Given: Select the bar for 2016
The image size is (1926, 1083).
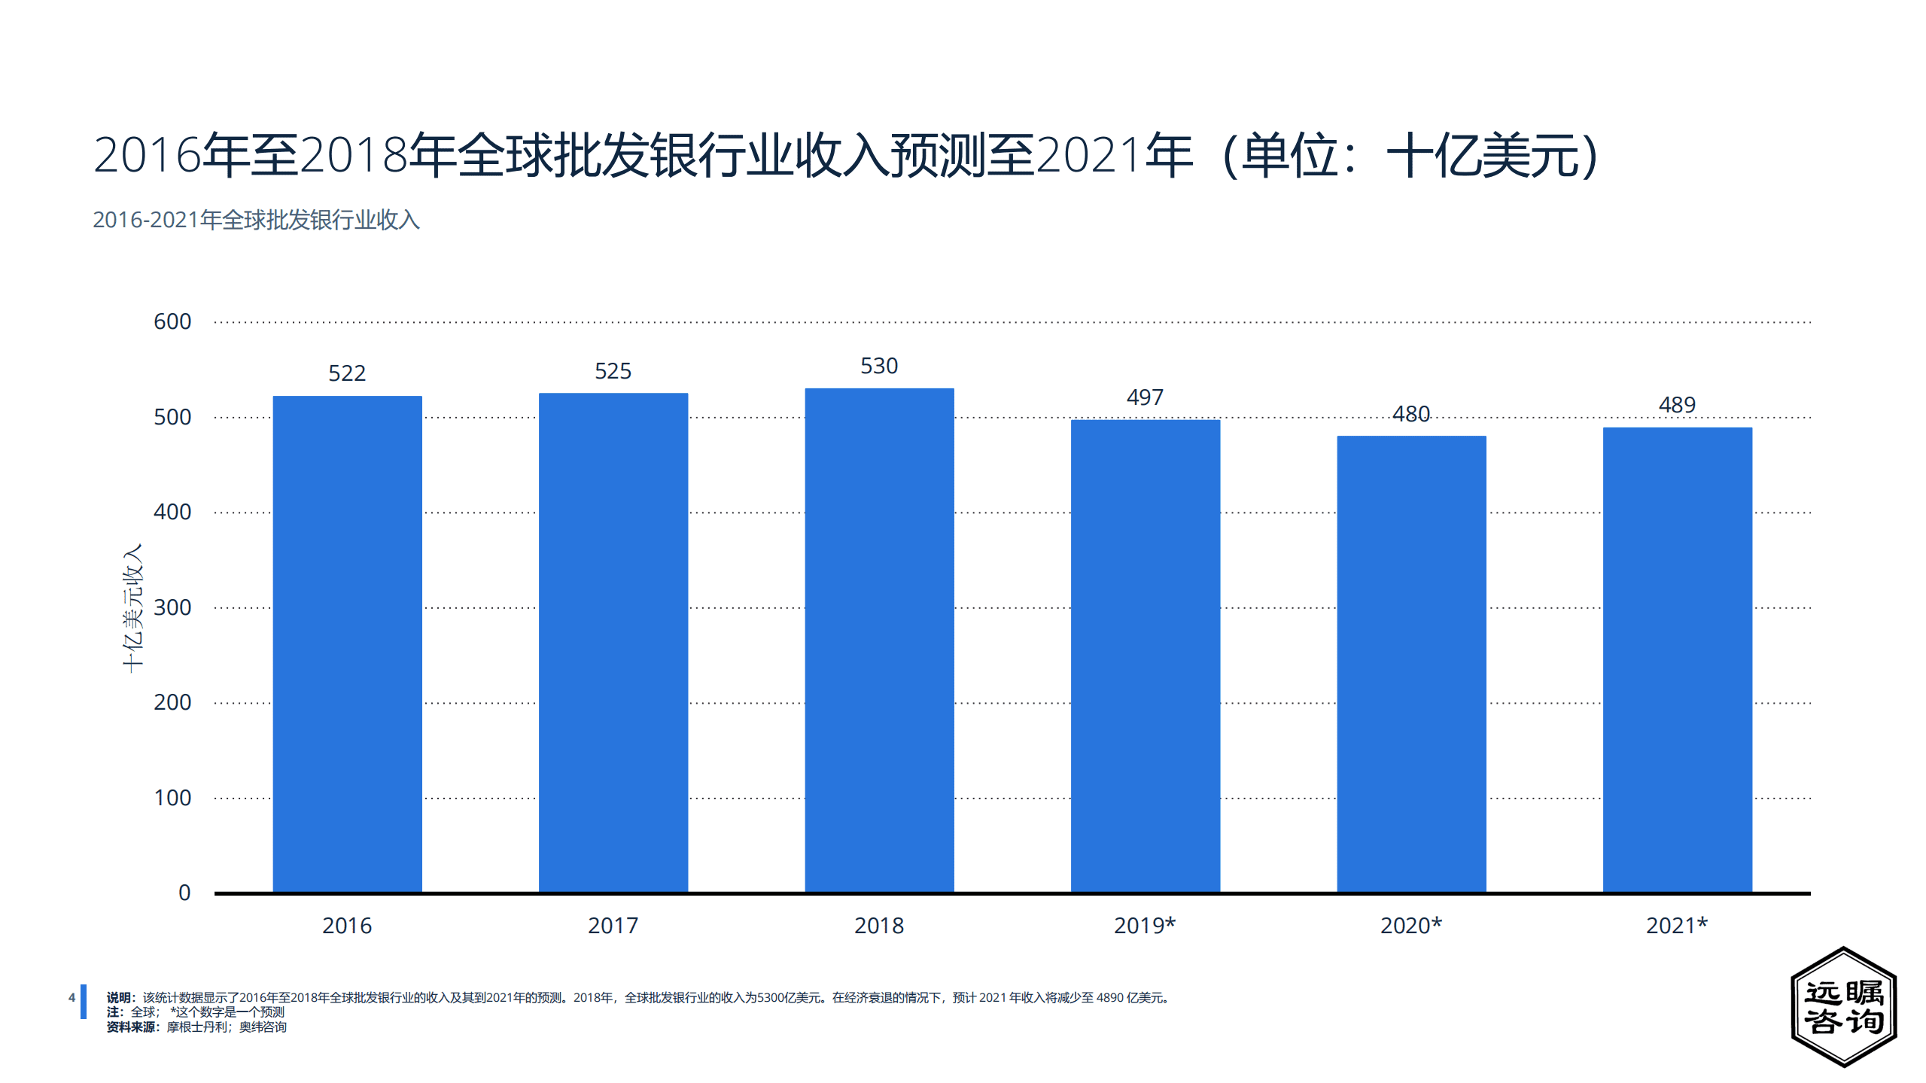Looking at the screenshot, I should (x=347, y=643).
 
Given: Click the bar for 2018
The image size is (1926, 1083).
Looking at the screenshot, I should (x=879, y=640).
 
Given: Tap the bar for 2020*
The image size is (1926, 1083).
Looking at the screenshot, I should (x=1411, y=664).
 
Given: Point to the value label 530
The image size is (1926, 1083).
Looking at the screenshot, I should (x=879, y=367).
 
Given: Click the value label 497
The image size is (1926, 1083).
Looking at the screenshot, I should (x=1145, y=397).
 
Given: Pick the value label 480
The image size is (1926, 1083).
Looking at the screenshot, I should (x=1410, y=414).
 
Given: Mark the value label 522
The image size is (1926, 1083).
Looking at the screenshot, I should (x=347, y=373).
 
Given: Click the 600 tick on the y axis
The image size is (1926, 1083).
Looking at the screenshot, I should (x=172, y=322).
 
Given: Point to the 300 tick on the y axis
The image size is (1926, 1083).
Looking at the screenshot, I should (x=172, y=607).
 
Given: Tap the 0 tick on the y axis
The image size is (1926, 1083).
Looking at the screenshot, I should (x=184, y=893).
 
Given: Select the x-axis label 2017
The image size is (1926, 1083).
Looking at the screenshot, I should (x=613, y=926).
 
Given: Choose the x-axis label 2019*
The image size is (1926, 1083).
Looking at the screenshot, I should (x=1145, y=926).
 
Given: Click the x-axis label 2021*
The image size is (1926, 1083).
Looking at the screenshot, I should (x=1677, y=926).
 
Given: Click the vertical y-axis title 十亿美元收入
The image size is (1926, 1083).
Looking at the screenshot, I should (x=132, y=608).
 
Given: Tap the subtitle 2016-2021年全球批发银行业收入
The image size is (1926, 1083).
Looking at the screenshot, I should (x=256, y=220).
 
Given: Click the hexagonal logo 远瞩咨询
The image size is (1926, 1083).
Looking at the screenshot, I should (x=1844, y=1007).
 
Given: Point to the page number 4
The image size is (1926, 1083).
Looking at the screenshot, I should (x=72, y=997).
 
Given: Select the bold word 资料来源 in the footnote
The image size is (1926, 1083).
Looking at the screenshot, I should (x=131, y=1027).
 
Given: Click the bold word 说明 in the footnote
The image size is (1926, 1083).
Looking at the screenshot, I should (x=119, y=998).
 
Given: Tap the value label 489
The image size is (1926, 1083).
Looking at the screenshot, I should (x=1677, y=405).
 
